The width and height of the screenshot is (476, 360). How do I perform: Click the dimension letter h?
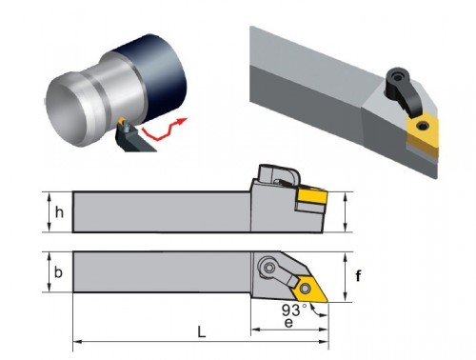59,212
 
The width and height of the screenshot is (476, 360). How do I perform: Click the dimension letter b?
58,272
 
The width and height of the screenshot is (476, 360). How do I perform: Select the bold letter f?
358,275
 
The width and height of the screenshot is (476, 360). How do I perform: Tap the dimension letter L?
202,332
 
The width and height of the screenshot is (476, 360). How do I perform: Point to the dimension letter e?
288,323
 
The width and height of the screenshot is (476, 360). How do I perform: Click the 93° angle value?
294,310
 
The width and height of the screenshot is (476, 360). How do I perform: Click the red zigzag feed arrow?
164,129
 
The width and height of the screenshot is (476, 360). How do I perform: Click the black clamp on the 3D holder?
402,91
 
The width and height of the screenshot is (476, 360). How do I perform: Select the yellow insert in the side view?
312,196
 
